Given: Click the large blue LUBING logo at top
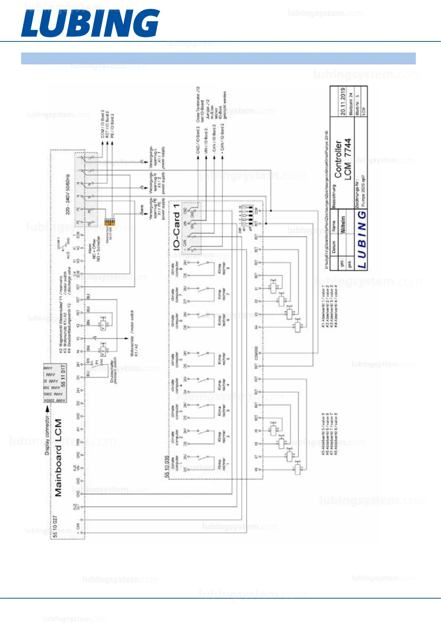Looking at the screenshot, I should coord(90,23).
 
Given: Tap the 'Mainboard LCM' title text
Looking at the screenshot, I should coord(59,457).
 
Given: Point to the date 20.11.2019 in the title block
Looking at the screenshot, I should coord(343,101).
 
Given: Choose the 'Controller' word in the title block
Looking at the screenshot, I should coord(338,159).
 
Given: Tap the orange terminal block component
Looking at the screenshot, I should coord(108,222).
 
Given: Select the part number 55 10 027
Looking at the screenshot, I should coord(55,526).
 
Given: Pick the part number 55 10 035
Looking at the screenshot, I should coord(167,467).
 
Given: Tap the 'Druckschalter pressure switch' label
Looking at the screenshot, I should coord(113,371).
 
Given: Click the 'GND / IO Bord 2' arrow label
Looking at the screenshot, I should coord(198,141).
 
